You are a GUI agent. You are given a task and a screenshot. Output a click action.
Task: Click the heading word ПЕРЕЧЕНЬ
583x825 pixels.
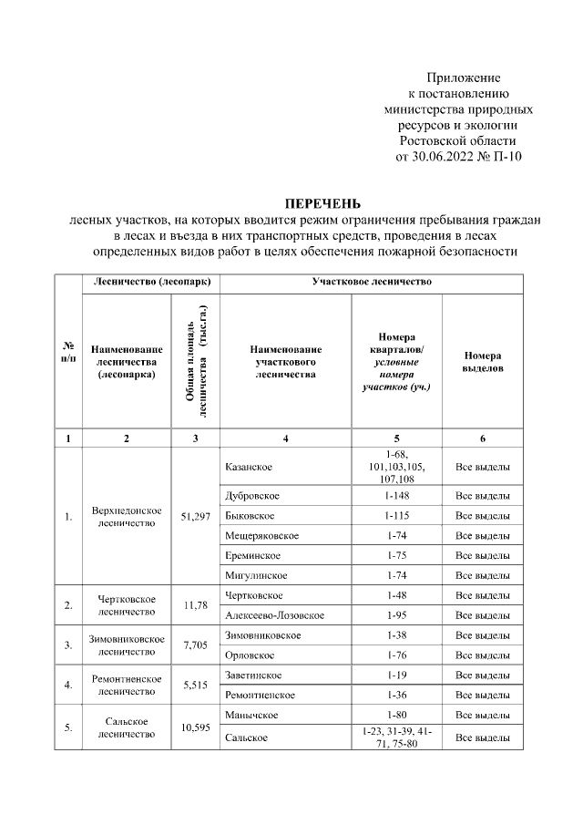click(324, 203)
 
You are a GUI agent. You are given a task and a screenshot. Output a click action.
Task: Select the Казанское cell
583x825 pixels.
click(248, 467)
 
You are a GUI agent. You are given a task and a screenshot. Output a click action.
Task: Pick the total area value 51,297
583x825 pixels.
click(195, 517)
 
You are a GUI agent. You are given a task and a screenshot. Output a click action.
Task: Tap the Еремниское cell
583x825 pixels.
click(251, 555)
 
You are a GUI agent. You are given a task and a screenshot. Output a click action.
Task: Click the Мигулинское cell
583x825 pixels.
click(255, 575)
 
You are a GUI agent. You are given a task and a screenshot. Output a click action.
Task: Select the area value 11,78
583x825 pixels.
click(195, 605)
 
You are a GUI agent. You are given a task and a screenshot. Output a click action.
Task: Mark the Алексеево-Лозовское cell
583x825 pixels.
click(273, 615)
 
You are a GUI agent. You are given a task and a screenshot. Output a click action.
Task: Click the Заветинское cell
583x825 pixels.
click(252, 675)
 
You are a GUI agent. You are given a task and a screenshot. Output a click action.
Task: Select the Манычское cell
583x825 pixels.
click(251, 714)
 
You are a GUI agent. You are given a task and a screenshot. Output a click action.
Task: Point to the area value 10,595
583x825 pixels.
click(195, 726)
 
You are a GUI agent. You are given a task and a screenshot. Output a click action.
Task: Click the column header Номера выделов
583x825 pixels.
click(482, 362)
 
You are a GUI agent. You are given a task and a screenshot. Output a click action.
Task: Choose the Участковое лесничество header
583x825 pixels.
click(371, 283)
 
